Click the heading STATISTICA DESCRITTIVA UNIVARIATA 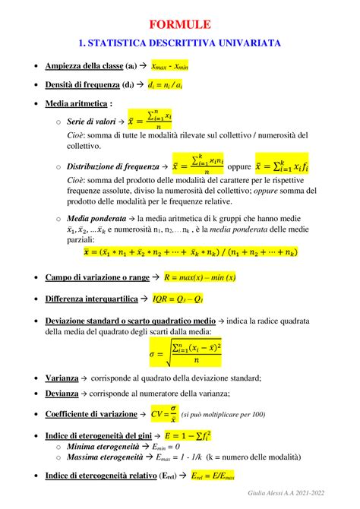(x=180, y=43)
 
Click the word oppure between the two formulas (x=238, y=165)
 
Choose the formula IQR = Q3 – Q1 (x=181, y=299)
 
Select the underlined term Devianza (x=62, y=394)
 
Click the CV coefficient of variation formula (x=164, y=415)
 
